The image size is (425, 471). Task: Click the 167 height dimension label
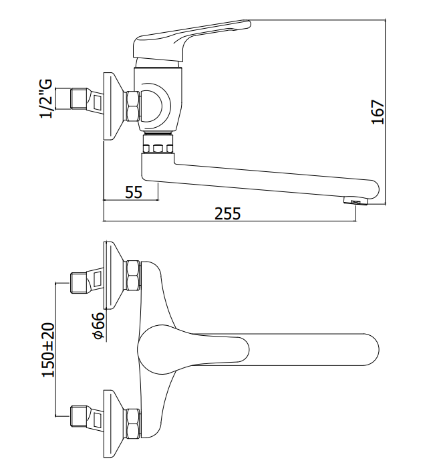[x=378, y=112]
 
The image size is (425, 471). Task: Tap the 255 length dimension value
[x=228, y=213]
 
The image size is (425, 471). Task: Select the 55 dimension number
[x=134, y=192]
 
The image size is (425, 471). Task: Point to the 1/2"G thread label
[x=47, y=99]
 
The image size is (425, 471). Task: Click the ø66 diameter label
[x=99, y=326]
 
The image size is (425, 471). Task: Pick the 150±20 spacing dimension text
[x=48, y=350]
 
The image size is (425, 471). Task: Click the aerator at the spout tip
[x=356, y=201]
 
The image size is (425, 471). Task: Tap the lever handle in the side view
[x=192, y=39]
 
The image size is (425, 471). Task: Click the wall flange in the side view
[x=112, y=106]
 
